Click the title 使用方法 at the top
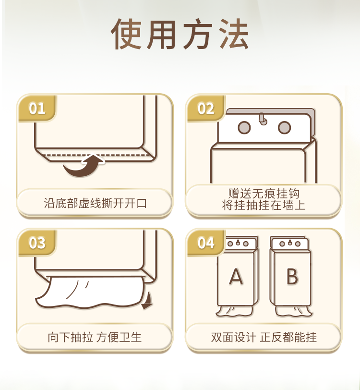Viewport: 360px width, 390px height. click(180, 34)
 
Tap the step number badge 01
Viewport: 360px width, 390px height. click(37, 109)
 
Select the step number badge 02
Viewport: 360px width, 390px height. click(206, 109)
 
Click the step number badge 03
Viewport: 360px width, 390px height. click(37, 243)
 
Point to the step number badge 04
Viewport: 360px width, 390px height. click(206, 243)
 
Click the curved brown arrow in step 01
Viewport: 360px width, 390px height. click(82, 169)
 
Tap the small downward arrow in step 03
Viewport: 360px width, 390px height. click(148, 301)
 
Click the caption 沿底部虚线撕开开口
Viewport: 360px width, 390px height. click(95, 203)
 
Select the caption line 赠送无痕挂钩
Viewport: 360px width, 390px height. click(264, 194)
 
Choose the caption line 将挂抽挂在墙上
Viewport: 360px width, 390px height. click(264, 205)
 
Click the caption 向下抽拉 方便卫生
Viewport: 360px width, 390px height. click(95, 338)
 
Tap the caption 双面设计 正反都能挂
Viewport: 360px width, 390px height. click(264, 338)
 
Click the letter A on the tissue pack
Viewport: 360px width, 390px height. click(236, 276)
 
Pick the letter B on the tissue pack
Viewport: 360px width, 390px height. click(292, 276)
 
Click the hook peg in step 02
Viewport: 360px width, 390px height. click(263, 119)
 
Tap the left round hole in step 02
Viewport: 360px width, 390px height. click(244, 128)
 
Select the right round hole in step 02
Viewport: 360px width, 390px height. click(284, 128)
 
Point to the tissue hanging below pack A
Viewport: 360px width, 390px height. click(234, 311)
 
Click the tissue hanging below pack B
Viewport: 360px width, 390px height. click(293, 311)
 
